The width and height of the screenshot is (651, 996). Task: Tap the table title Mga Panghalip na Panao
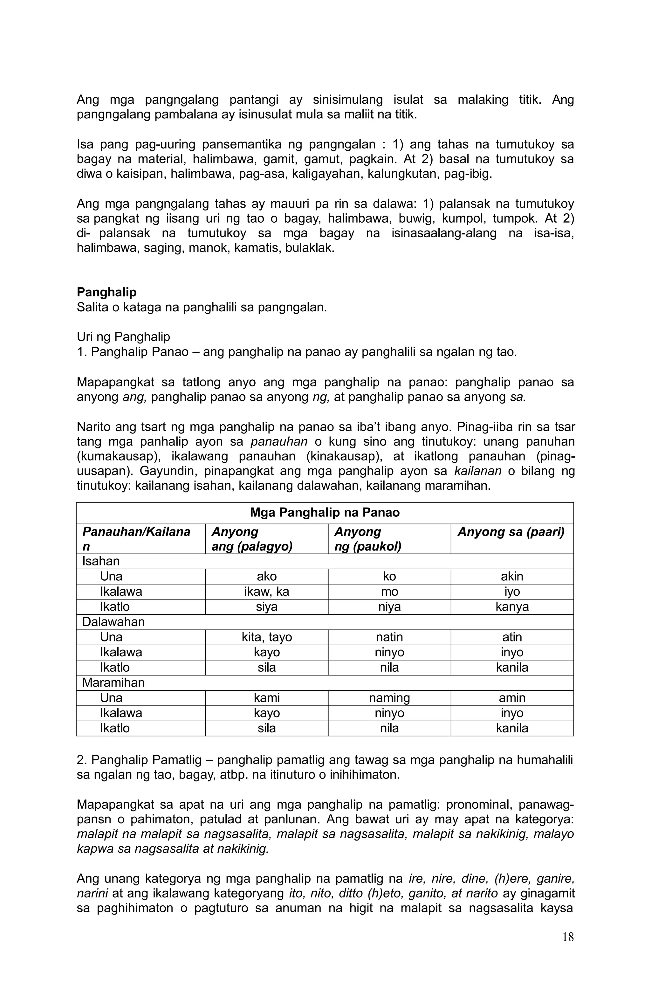coord(324,513)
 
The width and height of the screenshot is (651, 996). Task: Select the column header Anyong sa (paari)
coord(511,532)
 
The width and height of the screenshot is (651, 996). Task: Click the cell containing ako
coord(266,576)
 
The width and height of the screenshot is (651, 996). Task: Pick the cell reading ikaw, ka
coord(266,592)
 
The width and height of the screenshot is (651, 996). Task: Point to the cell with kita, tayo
coord(266,637)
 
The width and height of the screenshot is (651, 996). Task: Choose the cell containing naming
coord(389,698)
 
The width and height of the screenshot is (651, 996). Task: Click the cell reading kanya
coord(512,607)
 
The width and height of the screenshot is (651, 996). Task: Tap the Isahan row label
coord(101,561)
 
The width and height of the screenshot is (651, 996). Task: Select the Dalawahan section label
coord(113,622)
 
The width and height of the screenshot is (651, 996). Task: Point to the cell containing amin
coord(512,698)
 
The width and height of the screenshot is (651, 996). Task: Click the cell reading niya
coord(389,607)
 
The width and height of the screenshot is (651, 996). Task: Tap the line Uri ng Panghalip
coord(123,337)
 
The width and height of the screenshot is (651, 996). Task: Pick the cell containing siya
coord(266,607)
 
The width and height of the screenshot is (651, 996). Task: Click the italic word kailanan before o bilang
coord(477,471)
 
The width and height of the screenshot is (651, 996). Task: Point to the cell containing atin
coord(512,637)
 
